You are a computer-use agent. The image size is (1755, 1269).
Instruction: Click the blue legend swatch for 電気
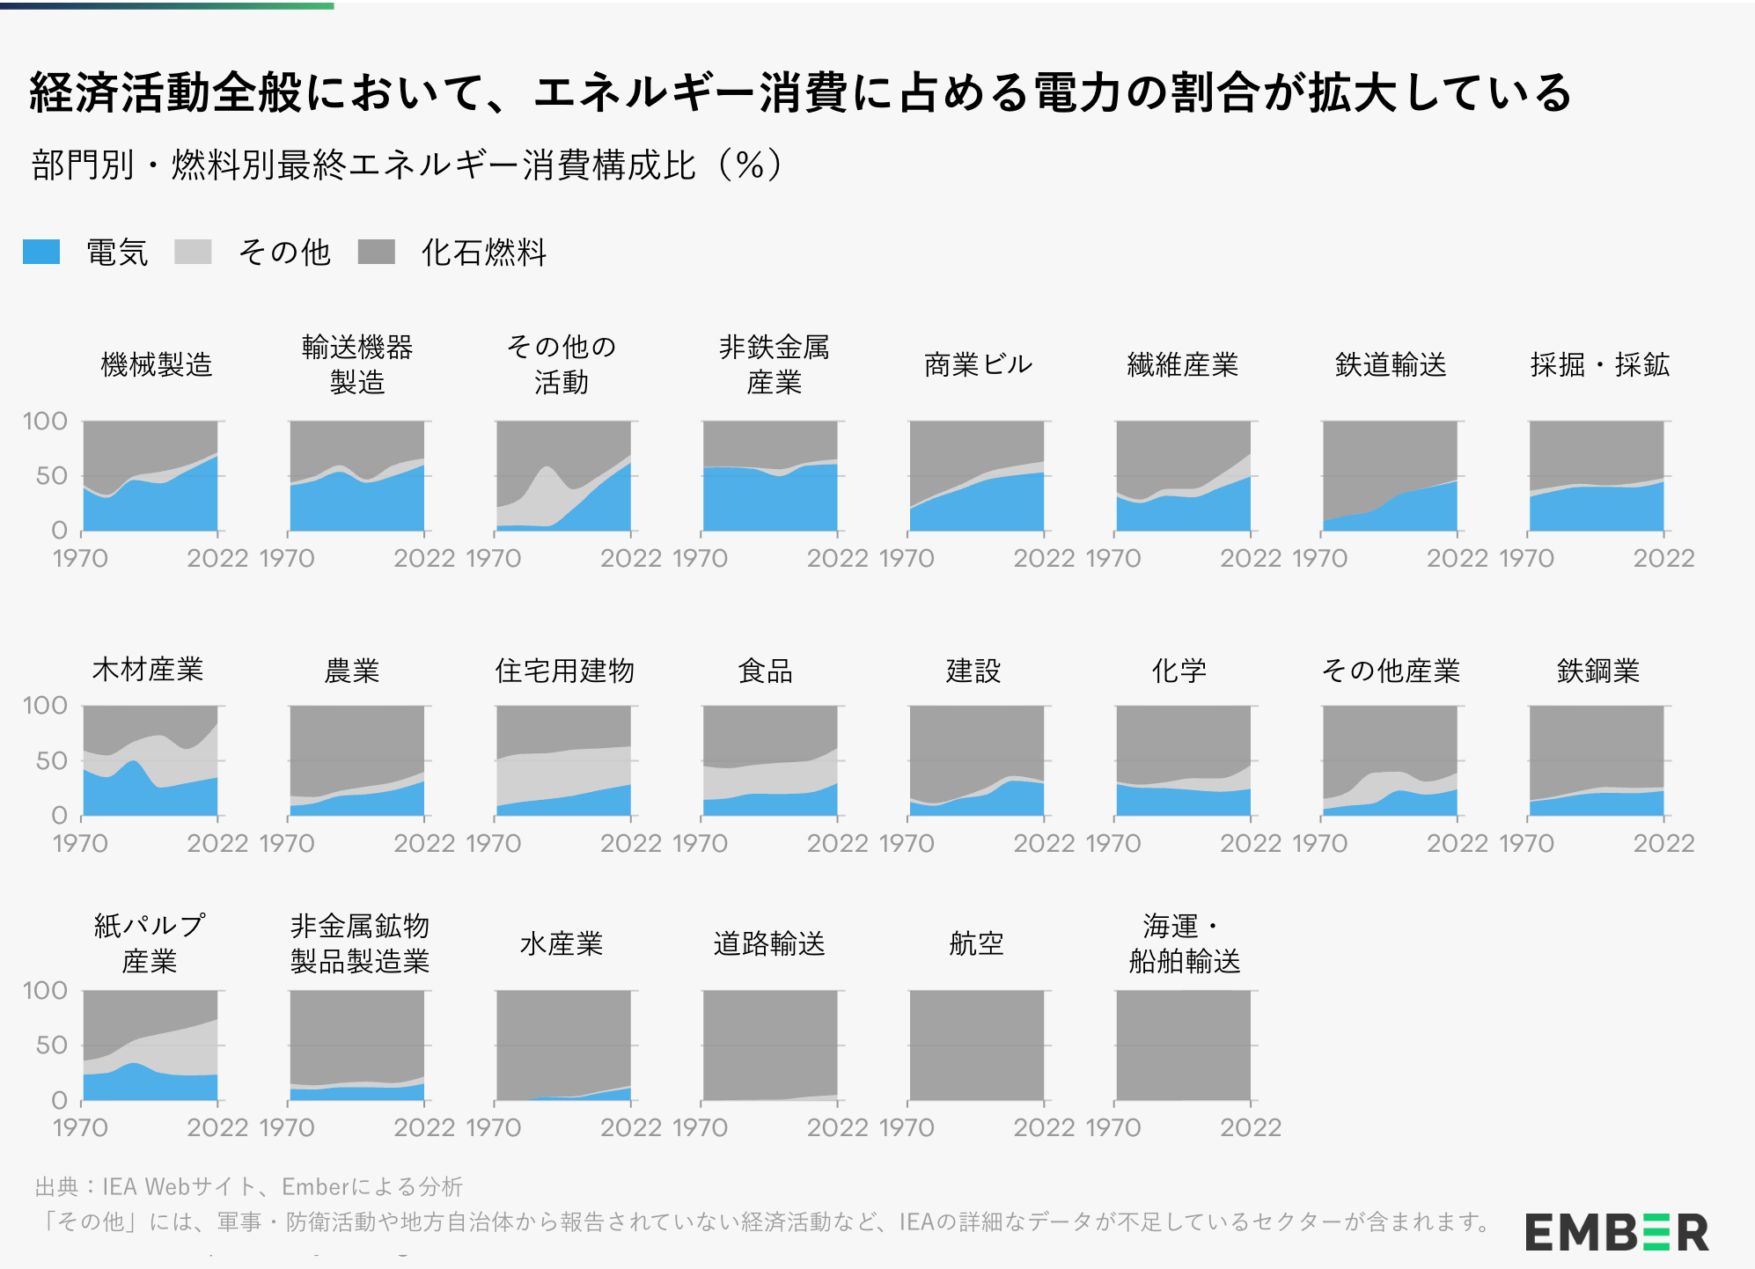(x=41, y=252)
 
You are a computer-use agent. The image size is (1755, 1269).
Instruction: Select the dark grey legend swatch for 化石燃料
(x=376, y=252)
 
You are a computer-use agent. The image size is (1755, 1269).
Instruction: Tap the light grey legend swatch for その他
(x=193, y=252)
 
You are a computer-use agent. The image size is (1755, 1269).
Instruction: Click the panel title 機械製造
(x=157, y=364)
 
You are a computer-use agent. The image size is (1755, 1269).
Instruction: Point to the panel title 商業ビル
(x=978, y=364)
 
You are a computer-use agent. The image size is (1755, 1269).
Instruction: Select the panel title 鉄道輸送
(x=1391, y=364)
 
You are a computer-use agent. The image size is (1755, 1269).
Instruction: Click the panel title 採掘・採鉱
(x=1599, y=364)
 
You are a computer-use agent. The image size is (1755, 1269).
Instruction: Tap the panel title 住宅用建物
(x=564, y=671)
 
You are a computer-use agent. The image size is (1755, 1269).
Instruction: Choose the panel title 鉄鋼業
(x=1597, y=671)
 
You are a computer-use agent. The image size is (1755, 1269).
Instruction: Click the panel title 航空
(x=976, y=943)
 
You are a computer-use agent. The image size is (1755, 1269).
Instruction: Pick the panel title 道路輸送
(x=769, y=943)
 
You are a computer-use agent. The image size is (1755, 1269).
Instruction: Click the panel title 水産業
(x=562, y=943)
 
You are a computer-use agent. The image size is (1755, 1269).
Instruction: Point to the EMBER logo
(x=1617, y=1231)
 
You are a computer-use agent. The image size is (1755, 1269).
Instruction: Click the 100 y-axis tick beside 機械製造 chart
(x=45, y=422)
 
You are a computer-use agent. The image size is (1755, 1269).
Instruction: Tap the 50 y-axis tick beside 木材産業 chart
(x=51, y=761)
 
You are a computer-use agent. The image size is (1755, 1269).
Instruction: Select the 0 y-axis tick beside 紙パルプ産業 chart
(x=59, y=1100)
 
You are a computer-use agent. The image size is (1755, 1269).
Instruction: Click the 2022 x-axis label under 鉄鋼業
(x=1663, y=843)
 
